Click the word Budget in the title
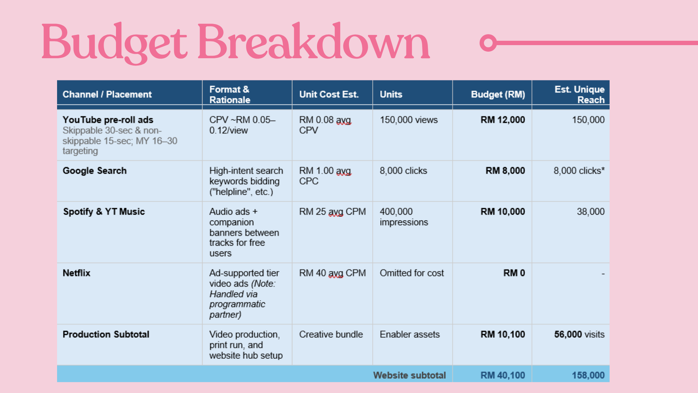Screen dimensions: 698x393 [x=115, y=43]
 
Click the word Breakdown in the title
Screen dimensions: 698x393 [x=313, y=41]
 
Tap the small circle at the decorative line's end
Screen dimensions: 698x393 [x=488, y=43]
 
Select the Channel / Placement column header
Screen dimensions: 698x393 [x=107, y=94]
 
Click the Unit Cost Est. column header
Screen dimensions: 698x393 [x=329, y=94]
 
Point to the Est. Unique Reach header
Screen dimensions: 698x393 [x=579, y=94]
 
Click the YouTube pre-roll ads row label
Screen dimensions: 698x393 [x=108, y=120]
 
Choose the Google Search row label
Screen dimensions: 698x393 [x=95, y=171]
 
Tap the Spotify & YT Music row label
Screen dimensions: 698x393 [x=104, y=211]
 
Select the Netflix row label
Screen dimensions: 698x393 [x=76, y=273]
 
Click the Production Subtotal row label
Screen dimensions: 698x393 [x=106, y=334]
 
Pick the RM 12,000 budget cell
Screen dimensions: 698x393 [x=503, y=120]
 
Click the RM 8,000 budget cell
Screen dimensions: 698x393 [x=505, y=171]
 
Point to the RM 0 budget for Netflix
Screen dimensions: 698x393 [x=514, y=273]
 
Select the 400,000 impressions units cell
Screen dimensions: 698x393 [x=404, y=217]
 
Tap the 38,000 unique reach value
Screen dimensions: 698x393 [x=591, y=211]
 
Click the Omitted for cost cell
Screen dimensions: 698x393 [x=412, y=273]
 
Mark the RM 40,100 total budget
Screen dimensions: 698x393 [x=503, y=375]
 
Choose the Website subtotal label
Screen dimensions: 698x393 [x=409, y=375]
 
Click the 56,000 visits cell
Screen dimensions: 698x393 [x=579, y=334]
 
